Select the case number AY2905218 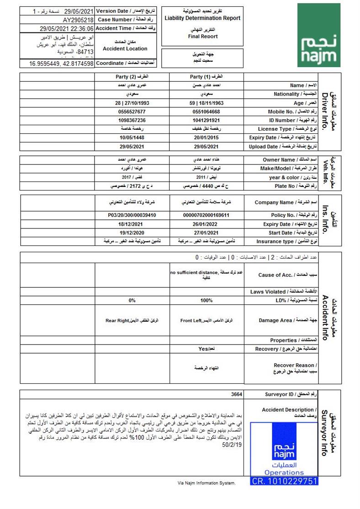pos(78,20)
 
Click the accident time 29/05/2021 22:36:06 pos(67,28)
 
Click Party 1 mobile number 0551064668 pos(206,111)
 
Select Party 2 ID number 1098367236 pos(132,120)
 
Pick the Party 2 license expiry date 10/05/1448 pos(132,138)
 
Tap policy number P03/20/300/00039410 pos(132,215)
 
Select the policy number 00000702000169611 pos(206,215)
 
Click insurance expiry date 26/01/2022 pos(206,224)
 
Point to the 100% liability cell pos(206,300)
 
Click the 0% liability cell pos(132,300)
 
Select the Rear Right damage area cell pos(132,321)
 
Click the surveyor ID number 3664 pos(237,394)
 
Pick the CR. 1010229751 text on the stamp pos(284,481)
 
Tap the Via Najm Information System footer pos(206,482)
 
